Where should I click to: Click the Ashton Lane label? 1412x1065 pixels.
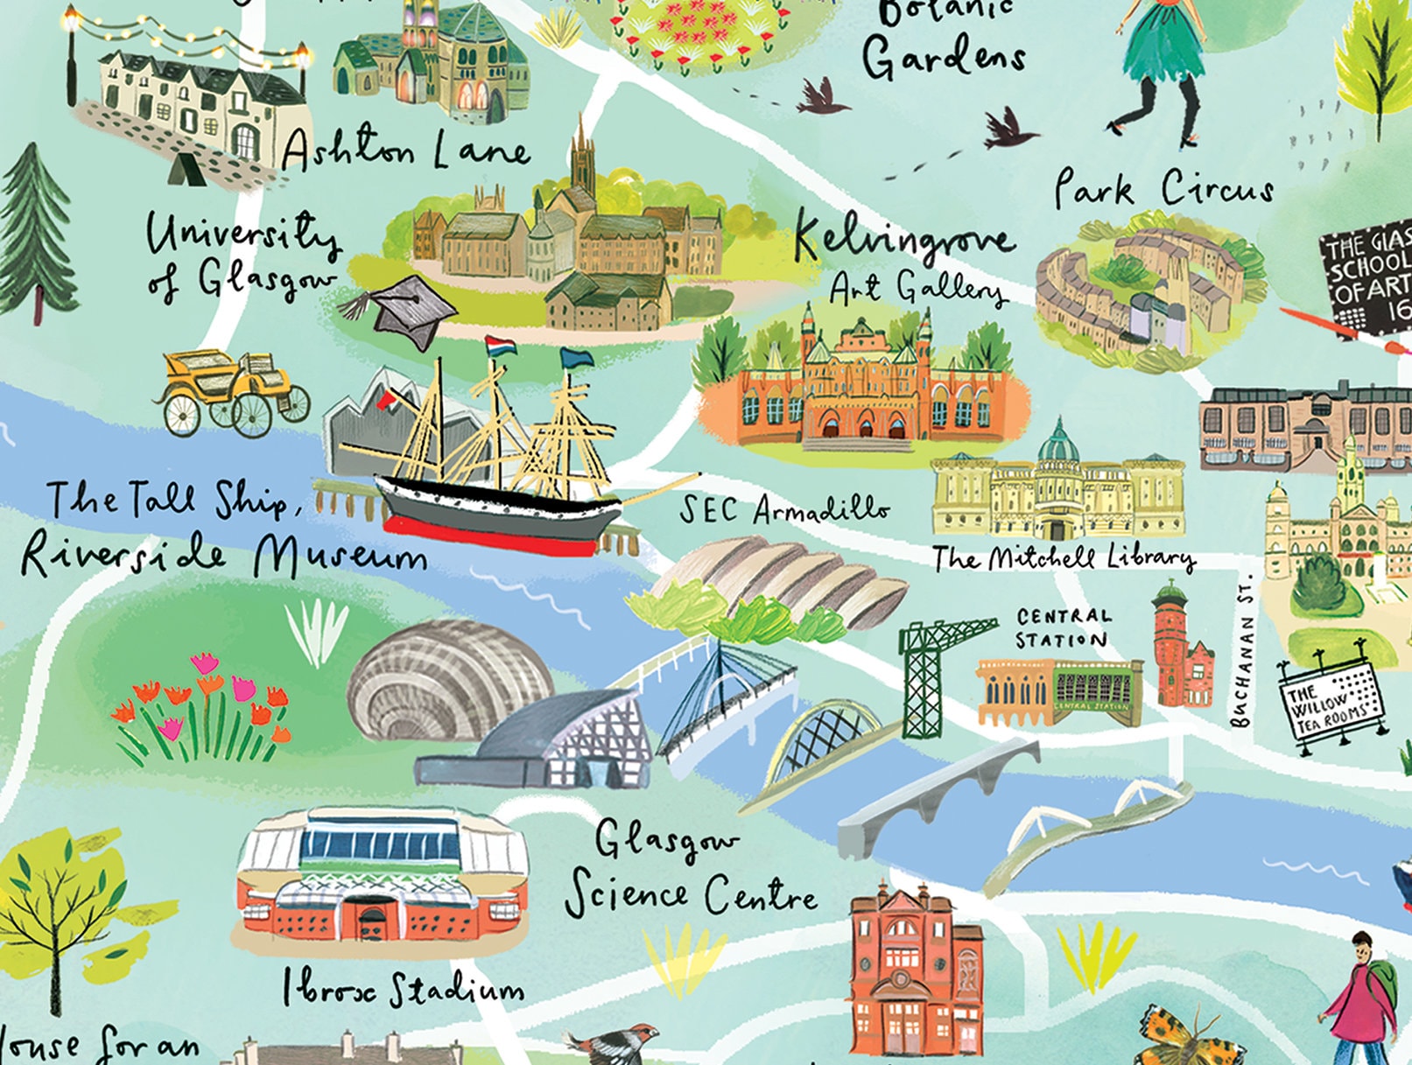tap(404, 151)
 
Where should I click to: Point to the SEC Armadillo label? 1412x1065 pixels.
tap(784, 509)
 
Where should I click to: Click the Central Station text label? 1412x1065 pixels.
tap(1062, 628)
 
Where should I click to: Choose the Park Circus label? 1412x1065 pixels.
tap(1163, 187)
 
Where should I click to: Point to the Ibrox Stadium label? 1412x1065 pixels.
tap(403, 989)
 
